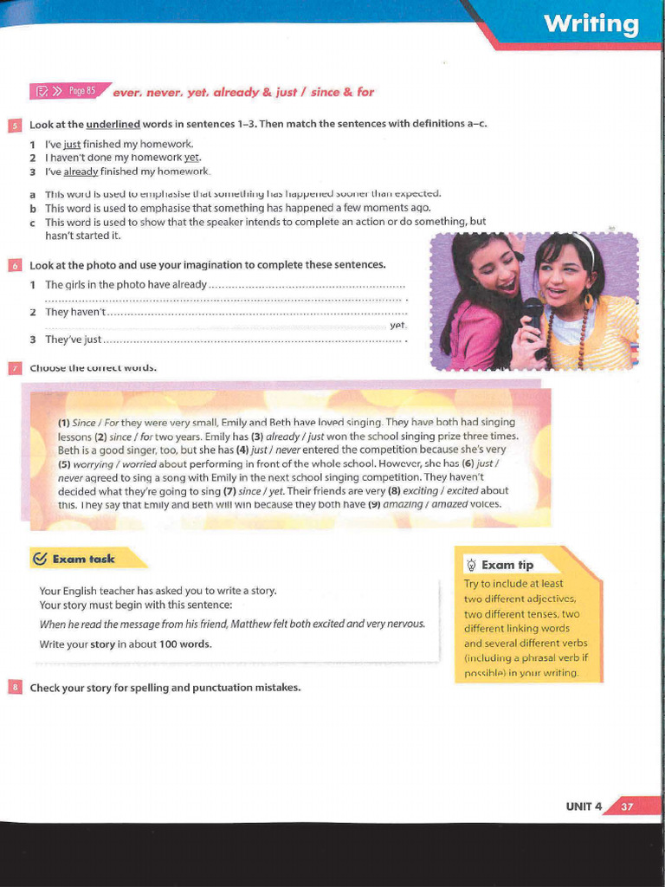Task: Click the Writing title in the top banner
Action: point(591,24)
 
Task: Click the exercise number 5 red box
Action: point(14,125)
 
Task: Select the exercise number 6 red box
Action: point(14,265)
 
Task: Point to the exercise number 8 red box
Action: point(14,688)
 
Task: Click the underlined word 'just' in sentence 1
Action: point(72,144)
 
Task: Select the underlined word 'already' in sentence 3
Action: point(81,172)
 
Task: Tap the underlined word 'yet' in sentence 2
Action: point(191,158)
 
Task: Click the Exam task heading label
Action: point(83,560)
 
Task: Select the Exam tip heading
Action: point(507,565)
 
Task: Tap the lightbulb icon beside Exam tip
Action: point(471,565)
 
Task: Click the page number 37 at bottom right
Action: point(627,806)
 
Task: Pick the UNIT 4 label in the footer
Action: point(584,806)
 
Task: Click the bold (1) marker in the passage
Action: point(64,423)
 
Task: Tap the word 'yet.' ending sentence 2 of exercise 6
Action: point(397,325)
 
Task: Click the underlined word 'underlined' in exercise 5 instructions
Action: point(113,124)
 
